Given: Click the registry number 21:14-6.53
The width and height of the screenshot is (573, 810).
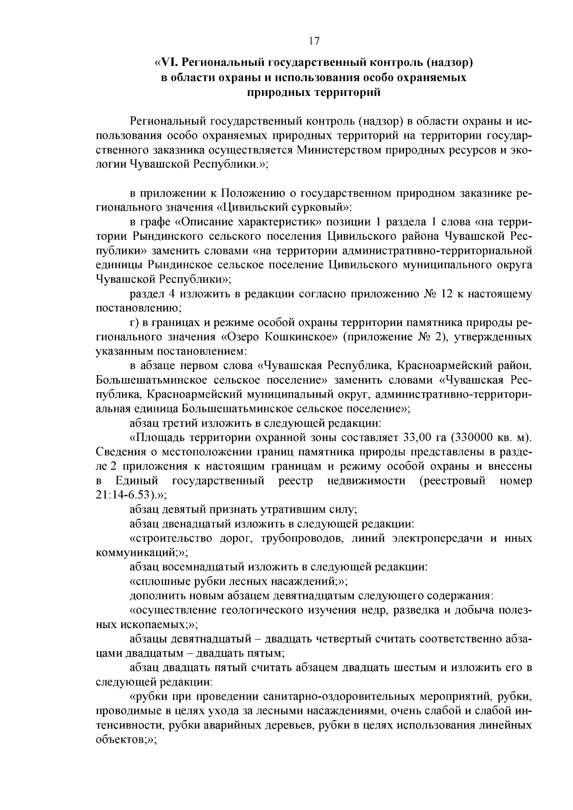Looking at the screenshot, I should (124, 494).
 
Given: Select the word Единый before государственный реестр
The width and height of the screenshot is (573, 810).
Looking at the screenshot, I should (137, 480).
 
